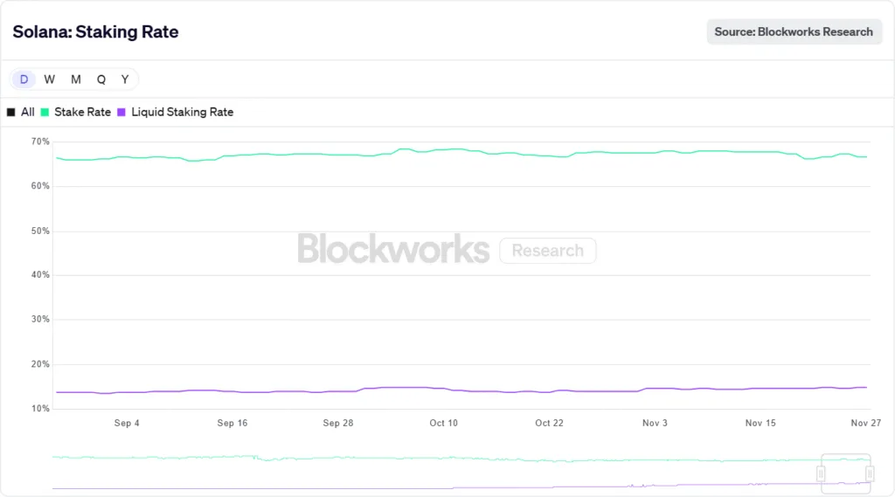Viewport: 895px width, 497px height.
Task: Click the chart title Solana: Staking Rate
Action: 95,32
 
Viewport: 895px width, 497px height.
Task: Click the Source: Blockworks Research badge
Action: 794,31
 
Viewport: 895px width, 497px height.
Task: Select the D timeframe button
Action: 24,79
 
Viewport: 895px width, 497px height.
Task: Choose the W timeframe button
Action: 50,79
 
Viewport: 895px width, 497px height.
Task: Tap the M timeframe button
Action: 76,79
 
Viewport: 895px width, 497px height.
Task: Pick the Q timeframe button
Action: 101,79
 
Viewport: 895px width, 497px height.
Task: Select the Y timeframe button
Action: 125,79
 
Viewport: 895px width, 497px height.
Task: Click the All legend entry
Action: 21,112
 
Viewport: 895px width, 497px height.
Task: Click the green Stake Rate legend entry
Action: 76,112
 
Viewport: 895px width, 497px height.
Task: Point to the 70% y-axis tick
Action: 40,142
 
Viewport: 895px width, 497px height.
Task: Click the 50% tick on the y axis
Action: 40,231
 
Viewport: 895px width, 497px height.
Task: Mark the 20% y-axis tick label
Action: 40,363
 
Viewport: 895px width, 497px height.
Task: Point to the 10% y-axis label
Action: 40,408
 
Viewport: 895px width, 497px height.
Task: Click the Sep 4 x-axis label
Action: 127,424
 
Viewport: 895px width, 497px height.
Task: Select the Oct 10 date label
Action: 443,424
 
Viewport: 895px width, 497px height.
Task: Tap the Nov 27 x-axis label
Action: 865,424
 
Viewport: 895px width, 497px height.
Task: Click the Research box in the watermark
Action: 548,251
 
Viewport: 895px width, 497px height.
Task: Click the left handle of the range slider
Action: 821,473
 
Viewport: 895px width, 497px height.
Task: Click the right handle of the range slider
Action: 870,473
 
